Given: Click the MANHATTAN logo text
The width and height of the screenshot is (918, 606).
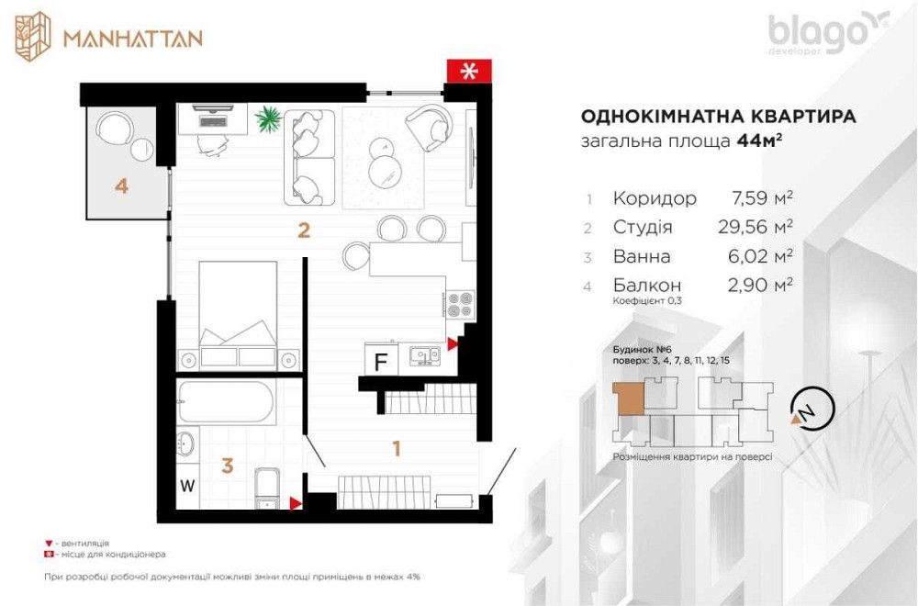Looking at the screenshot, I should point(132,38).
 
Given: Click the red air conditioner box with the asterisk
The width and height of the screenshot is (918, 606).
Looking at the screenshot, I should point(469,72).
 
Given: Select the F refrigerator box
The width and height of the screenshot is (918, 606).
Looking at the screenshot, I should point(379,360).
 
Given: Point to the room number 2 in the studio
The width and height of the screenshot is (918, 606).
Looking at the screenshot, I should point(304,230).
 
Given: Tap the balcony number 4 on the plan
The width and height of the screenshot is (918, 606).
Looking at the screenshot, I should point(121,185).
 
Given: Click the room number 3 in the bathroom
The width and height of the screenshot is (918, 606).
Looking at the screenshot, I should point(227,466).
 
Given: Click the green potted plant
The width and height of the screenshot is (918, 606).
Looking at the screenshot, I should point(269,118).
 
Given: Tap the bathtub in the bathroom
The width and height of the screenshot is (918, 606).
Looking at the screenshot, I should point(225,402).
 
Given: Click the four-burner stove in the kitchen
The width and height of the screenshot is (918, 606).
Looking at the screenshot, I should point(461,304).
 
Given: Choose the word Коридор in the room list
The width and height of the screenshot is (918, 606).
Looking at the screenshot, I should point(655,198).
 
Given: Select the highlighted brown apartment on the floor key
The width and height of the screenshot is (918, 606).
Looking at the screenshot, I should point(629,398).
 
